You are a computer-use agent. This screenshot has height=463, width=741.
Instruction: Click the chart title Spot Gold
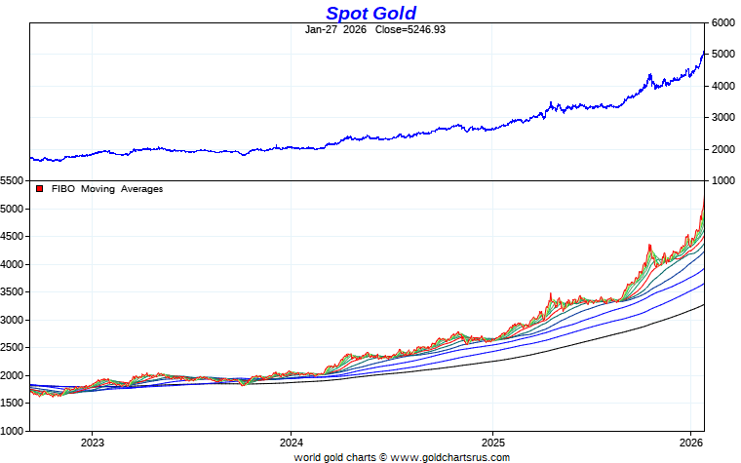tap(370, 13)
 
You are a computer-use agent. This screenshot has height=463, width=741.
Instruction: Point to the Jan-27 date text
tap(321, 29)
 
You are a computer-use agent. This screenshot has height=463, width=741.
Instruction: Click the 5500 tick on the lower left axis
tap(13, 181)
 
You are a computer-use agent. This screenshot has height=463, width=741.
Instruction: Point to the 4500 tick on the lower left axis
tap(13, 237)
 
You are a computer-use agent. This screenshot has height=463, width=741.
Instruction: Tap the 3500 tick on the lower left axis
tap(13, 292)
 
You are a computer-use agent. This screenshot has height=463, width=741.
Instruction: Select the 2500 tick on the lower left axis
tap(13, 348)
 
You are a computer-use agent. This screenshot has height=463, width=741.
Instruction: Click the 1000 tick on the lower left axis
tap(13, 431)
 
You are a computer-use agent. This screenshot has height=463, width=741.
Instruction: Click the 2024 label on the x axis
tap(292, 442)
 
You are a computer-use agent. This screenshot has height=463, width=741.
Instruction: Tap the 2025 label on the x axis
tap(492, 442)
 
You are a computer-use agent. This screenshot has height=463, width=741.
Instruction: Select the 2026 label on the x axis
tap(690, 442)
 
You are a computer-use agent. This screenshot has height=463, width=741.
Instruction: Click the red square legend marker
tap(40, 189)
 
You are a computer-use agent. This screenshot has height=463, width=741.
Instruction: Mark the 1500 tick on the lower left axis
tap(13, 404)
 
